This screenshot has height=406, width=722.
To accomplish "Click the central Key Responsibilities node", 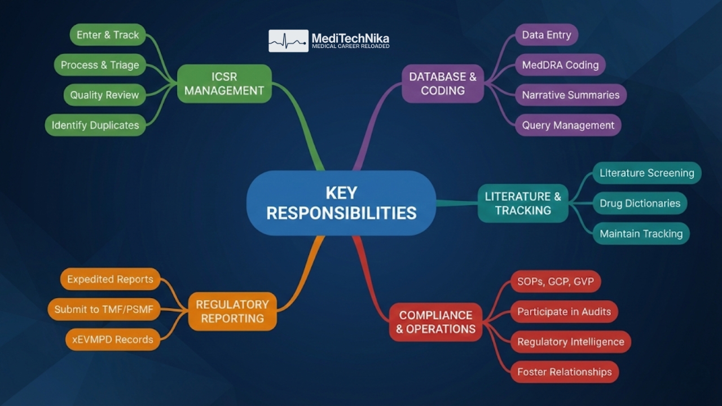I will pos(341,203).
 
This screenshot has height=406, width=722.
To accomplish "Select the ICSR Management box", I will pos(224,83).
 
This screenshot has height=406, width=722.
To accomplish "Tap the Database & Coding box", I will pos(443,83).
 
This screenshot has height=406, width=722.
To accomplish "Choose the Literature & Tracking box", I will pos(523,203).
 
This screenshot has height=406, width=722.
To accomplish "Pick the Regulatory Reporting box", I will pos(232,311).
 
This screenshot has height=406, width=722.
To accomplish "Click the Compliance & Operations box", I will pos(435,322).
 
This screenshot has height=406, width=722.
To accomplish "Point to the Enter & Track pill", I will pos(108,35).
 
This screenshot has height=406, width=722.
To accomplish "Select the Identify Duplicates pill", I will pos(95,125).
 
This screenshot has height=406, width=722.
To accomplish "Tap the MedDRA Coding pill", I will pos(560,65).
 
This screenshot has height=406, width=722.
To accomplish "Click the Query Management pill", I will pos(568,125).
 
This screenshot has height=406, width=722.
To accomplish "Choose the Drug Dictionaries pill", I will pos(640,203).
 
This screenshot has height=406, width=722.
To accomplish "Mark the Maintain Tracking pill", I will pos(641,233).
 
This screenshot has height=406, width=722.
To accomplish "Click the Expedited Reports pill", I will pos(110,279).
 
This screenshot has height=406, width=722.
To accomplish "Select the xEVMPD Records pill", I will pos(112,339).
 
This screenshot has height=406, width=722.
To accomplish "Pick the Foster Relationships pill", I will pos(564,372).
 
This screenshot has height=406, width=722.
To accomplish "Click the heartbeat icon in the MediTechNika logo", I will pos(288,41).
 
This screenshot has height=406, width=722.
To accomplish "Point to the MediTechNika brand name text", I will pos(350,38).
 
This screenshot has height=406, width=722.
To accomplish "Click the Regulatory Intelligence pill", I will pos(570,342).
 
